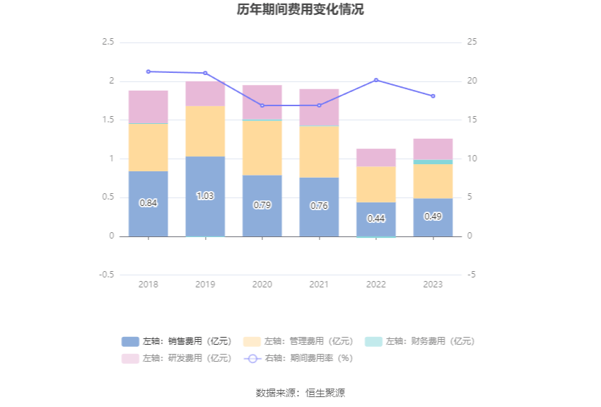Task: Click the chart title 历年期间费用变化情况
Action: tap(300, 10)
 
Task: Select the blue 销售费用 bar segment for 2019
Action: tap(205, 212)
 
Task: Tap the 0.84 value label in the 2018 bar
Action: tap(148, 202)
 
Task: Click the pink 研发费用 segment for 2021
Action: tap(319, 108)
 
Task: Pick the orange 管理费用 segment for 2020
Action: tap(262, 148)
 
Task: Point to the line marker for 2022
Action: tap(376, 80)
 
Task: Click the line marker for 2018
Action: tap(148, 71)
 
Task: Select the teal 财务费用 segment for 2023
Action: tap(433, 162)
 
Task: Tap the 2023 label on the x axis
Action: tap(433, 285)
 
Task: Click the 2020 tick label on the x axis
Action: tap(262, 285)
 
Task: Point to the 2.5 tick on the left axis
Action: tap(107, 42)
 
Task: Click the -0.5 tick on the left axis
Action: tap(106, 275)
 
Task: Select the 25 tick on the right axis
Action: tap(472, 42)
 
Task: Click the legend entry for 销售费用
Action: tap(177, 341)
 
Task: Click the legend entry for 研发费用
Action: tap(177, 358)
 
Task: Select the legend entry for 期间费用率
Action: tap(298, 358)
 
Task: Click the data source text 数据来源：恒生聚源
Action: tap(300, 393)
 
